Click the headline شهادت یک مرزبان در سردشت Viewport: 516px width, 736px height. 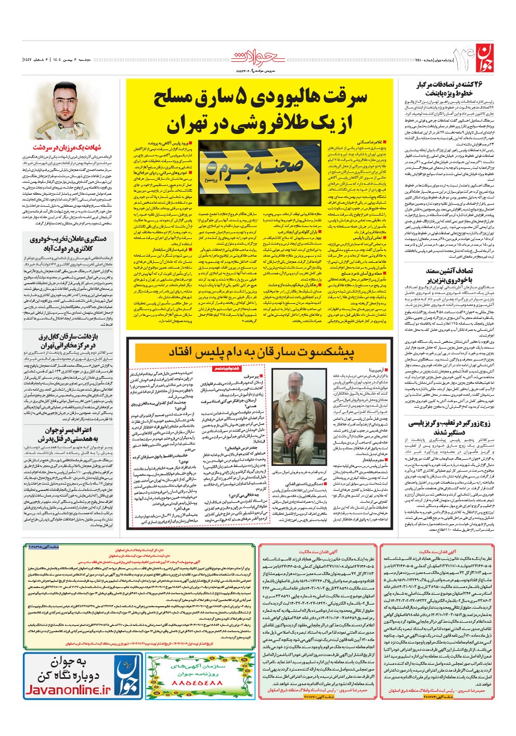[64, 148]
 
